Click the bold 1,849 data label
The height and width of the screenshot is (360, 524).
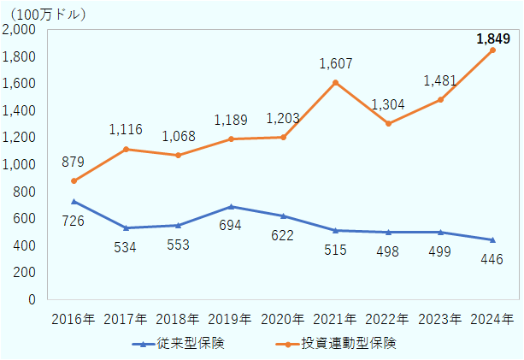[x=492, y=38]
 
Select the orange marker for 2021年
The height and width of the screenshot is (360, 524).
[x=336, y=82]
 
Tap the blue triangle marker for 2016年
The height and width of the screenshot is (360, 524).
[x=74, y=201]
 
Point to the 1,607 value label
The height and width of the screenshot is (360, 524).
[x=336, y=63]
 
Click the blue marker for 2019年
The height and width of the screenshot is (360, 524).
[x=231, y=206]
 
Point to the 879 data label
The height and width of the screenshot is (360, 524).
[x=74, y=162]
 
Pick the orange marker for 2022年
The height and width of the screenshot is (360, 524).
[x=388, y=123]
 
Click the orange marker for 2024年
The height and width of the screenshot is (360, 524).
[x=492, y=50]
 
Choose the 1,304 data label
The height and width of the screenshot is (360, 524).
[x=388, y=104]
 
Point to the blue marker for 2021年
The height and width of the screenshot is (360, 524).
[x=336, y=230]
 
